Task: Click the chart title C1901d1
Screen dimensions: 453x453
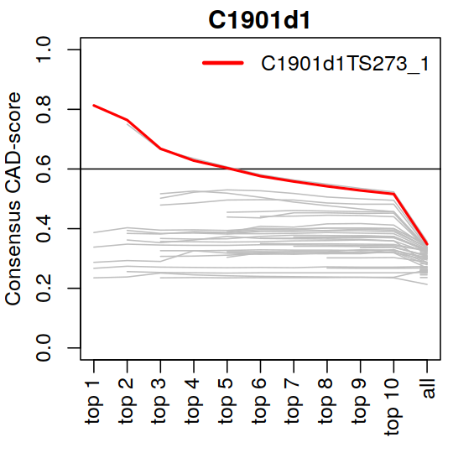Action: [259, 20]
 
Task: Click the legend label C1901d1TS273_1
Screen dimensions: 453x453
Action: [345, 64]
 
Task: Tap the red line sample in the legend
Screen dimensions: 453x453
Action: [223, 63]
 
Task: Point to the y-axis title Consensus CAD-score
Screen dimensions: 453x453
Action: [13, 199]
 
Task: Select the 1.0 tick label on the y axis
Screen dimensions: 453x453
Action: [43, 49]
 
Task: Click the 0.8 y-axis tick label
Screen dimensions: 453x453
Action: [43, 110]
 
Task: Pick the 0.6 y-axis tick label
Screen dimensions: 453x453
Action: [43, 169]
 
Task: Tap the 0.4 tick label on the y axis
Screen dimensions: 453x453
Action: [43, 228]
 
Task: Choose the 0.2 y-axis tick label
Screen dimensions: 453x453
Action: [43, 289]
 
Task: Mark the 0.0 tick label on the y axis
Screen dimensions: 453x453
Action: [43, 348]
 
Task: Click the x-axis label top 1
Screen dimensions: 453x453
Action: [94, 403]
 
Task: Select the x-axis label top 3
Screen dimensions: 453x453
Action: [160, 403]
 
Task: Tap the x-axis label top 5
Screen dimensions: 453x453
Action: [227, 403]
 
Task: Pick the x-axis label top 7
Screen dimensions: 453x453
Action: [294, 403]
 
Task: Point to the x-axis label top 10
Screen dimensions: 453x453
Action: [393, 408]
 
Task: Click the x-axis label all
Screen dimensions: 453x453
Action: [427, 388]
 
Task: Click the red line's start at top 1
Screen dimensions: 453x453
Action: [94, 106]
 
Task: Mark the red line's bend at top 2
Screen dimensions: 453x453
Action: [128, 120]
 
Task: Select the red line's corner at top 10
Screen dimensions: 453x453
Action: [393, 194]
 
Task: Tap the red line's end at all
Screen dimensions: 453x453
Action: [427, 244]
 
